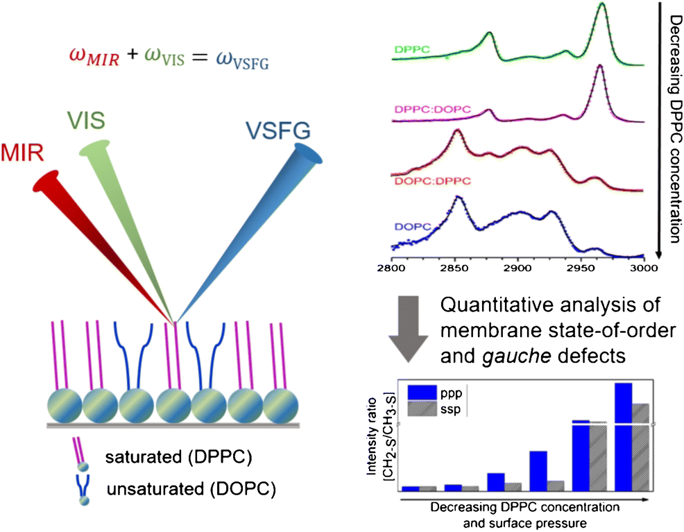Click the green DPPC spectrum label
tap(411, 49)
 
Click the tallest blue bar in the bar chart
tap(622, 436)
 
